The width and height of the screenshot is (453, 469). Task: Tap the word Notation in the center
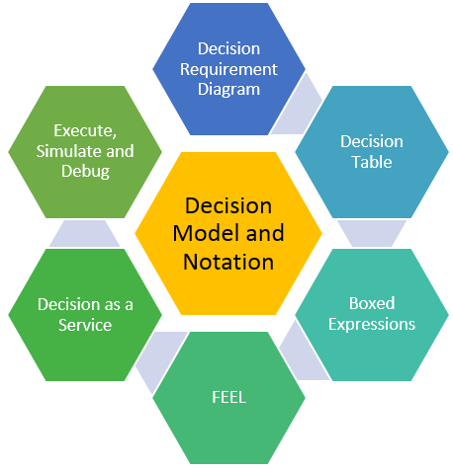point(228,262)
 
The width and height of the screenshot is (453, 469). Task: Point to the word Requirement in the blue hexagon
point(228,69)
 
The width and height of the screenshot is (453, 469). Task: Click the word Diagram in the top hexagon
point(228,89)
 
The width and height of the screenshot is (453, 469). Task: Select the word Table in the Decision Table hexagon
point(371,161)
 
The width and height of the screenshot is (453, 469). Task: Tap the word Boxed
point(371,303)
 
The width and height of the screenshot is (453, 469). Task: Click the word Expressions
point(371,323)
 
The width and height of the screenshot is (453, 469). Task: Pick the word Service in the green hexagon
point(85,324)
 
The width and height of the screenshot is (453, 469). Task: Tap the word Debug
point(85,171)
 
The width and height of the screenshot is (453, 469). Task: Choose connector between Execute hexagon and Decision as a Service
point(84,233)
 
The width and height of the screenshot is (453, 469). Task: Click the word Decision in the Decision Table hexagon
point(371,141)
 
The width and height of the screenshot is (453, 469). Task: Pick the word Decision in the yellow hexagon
point(228,207)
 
